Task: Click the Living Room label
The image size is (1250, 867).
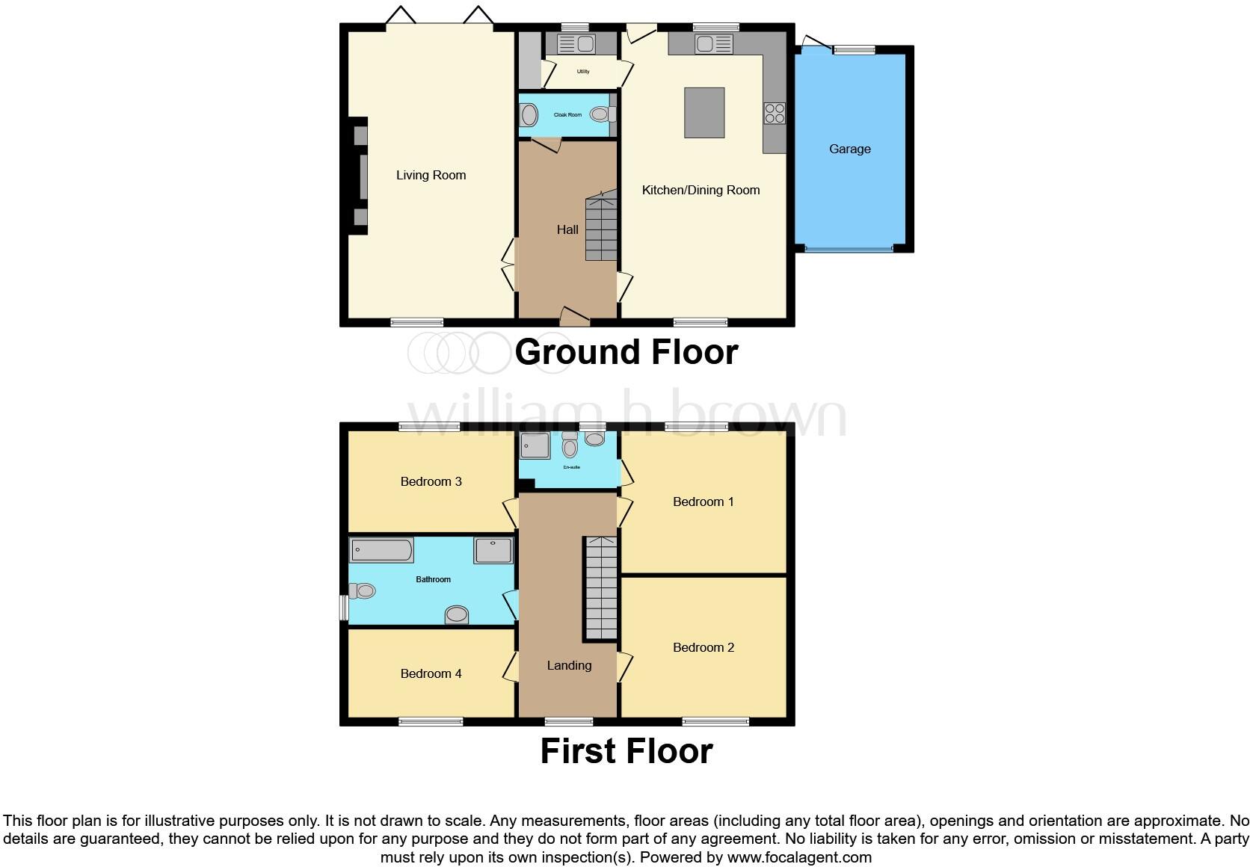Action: pyautogui.click(x=431, y=175)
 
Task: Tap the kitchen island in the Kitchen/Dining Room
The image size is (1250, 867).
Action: pyautogui.click(x=704, y=113)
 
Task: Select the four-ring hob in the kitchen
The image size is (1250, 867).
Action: pyautogui.click(x=775, y=113)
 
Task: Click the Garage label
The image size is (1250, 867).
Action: pyautogui.click(x=849, y=149)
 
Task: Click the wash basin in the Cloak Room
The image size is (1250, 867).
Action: pyautogui.click(x=529, y=115)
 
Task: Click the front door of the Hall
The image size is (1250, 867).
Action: pyautogui.click(x=574, y=318)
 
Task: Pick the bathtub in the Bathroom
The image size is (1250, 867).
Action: pyautogui.click(x=381, y=550)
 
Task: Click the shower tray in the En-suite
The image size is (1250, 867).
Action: pyautogui.click(x=535, y=445)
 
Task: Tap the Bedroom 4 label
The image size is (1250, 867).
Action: pyautogui.click(x=431, y=673)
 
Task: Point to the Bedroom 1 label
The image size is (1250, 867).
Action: pyautogui.click(x=703, y=502)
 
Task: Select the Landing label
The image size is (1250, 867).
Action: pyautogui.click(x=569, y=665)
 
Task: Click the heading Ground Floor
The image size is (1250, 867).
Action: pyautogui.click(x=626, y=352)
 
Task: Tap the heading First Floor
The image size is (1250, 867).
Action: pyautogui.click(x=626, y=751)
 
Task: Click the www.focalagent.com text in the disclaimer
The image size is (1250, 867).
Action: pyautogui.click(x=799, y=857)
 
